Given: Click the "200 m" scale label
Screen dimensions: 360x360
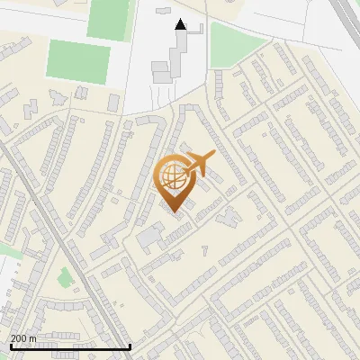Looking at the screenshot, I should point(23,338).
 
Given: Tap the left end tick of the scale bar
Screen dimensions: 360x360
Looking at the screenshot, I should point(10,346).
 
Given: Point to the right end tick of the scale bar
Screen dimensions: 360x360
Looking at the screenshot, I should point(130,346).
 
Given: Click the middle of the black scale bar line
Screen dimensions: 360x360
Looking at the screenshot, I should point(70,346).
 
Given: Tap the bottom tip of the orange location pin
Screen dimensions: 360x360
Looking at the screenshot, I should point(174,212).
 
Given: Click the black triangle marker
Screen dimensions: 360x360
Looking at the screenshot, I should point(181,25).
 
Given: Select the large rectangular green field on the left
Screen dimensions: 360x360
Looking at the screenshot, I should point(79,62).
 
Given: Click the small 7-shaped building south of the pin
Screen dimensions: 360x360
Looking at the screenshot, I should point(204,246).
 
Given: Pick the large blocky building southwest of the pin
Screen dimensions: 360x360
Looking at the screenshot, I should point(149,238).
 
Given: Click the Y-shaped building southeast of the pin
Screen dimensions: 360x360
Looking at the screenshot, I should point(227,215).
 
